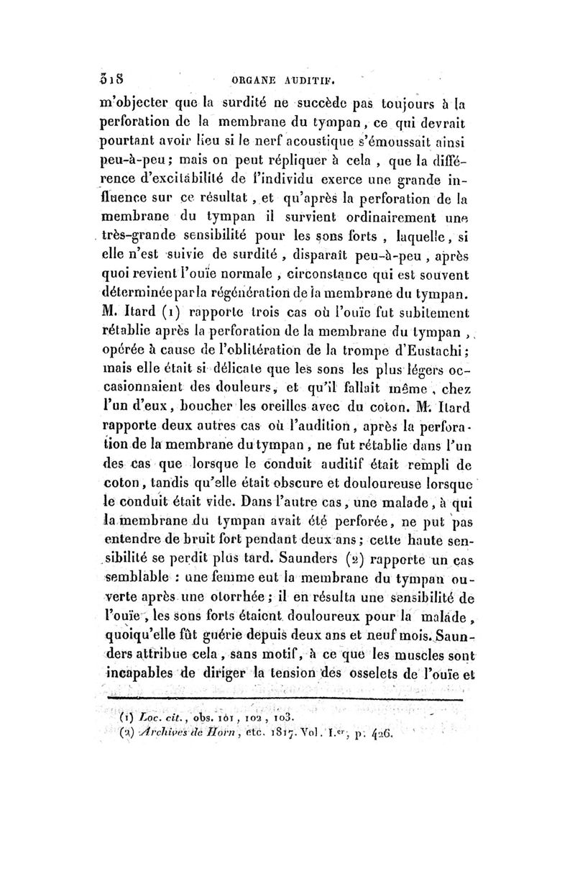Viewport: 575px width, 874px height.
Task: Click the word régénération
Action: click(271, 295)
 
